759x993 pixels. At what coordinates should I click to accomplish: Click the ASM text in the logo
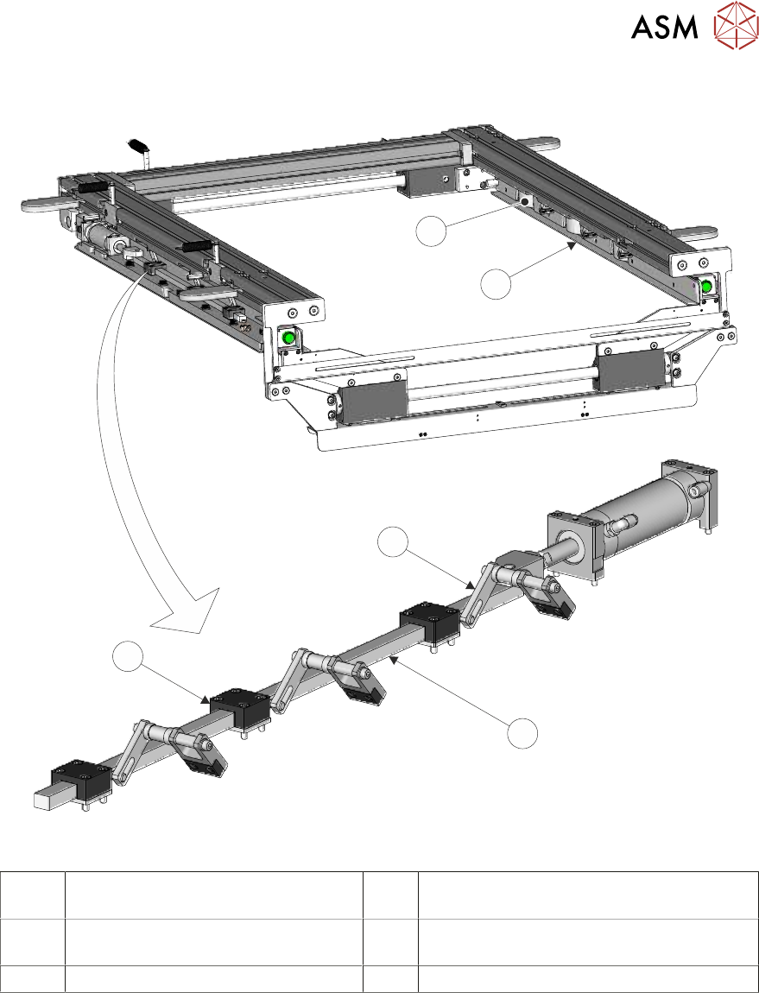[665, 27]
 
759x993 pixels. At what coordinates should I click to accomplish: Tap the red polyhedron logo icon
[736, 25]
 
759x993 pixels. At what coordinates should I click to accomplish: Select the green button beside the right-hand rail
[706, 287]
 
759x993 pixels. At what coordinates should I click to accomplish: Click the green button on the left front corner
[289, 338]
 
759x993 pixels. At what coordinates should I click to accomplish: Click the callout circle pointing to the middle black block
[129, 657]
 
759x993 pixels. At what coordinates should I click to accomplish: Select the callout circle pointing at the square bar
[522, 733]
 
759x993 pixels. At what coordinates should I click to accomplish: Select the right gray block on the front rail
[630, 370]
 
